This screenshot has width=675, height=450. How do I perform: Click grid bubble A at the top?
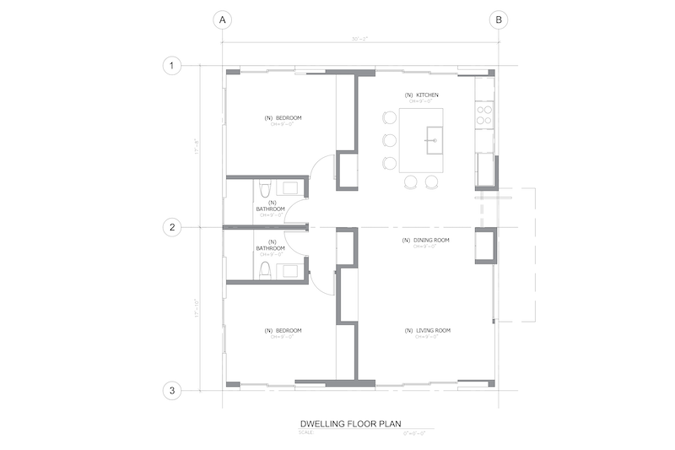click(223, 19)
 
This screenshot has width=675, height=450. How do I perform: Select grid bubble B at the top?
click(499, 19)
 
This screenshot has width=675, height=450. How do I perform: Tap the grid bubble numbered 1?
click(172, 66)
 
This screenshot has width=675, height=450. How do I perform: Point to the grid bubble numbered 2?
click(172, 227)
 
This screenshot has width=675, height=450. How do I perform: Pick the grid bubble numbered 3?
click(172, 390)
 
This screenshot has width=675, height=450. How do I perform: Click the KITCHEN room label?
click(421, 95)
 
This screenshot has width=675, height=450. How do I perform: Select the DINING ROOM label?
click(425, 241)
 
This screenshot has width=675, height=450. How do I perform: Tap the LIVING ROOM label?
click(426, 330)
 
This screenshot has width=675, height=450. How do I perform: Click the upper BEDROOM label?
click(283, 117)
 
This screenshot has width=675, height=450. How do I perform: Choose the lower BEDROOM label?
click(283, 330)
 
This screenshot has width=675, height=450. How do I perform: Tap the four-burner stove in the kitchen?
click(484, 114)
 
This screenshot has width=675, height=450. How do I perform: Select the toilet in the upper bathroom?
click(264, 188)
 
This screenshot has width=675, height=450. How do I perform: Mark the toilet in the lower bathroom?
click(264, 268)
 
